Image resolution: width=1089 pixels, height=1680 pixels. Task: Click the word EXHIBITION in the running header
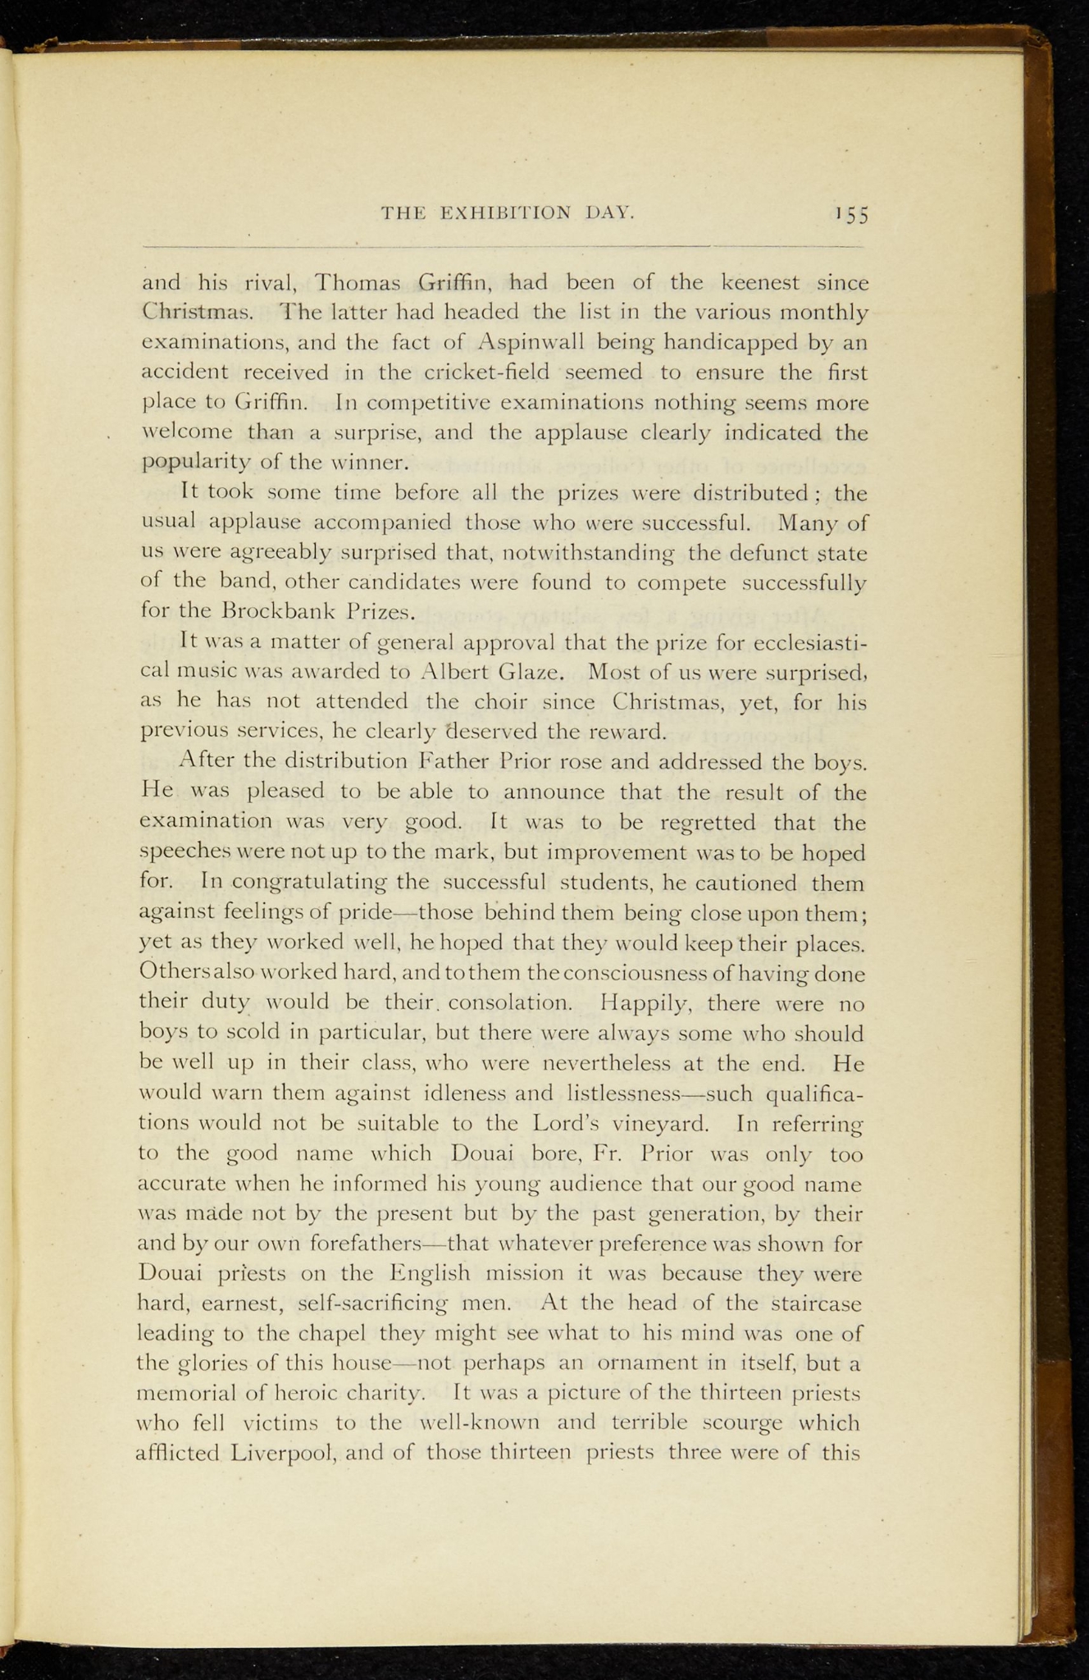pos(506,213)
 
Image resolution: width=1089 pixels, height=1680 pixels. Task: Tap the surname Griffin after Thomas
pos(454,284)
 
